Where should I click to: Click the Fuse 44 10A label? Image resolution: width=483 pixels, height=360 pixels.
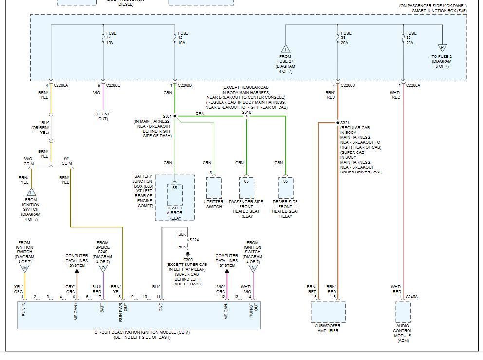point(111,38)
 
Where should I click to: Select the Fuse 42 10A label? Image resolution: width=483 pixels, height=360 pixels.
point(183,38)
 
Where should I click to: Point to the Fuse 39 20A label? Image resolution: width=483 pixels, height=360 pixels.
point(411,38)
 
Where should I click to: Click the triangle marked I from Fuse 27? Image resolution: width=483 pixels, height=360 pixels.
point(285,49)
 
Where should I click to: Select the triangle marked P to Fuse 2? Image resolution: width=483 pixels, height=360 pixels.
point(442,48)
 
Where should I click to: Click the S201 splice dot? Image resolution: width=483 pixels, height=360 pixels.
point(175,116)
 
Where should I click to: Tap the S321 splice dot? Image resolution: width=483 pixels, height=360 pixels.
point(337,123)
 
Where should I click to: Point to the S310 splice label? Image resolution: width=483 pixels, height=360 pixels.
point(247,112)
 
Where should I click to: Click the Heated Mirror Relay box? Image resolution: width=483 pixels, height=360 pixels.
point(175,194)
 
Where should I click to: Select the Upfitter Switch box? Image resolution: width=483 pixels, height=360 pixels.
point(214,188)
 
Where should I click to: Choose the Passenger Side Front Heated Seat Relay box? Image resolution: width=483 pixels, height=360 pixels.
point(246,188)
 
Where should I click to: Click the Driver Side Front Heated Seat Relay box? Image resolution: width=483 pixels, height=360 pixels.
point(285,188)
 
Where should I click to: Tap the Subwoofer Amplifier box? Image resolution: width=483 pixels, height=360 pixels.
point(328,312)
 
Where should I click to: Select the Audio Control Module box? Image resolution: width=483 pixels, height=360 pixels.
point(403,312)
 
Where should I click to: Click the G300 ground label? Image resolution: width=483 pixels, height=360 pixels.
point(187,260)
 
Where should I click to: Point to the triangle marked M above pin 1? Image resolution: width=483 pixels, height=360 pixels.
point(24,268)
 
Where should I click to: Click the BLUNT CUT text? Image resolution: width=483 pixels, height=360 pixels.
point(103,116)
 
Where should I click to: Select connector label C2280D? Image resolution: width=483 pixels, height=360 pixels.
point(348,85)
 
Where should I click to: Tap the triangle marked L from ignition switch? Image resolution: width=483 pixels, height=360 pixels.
point(31,192)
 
